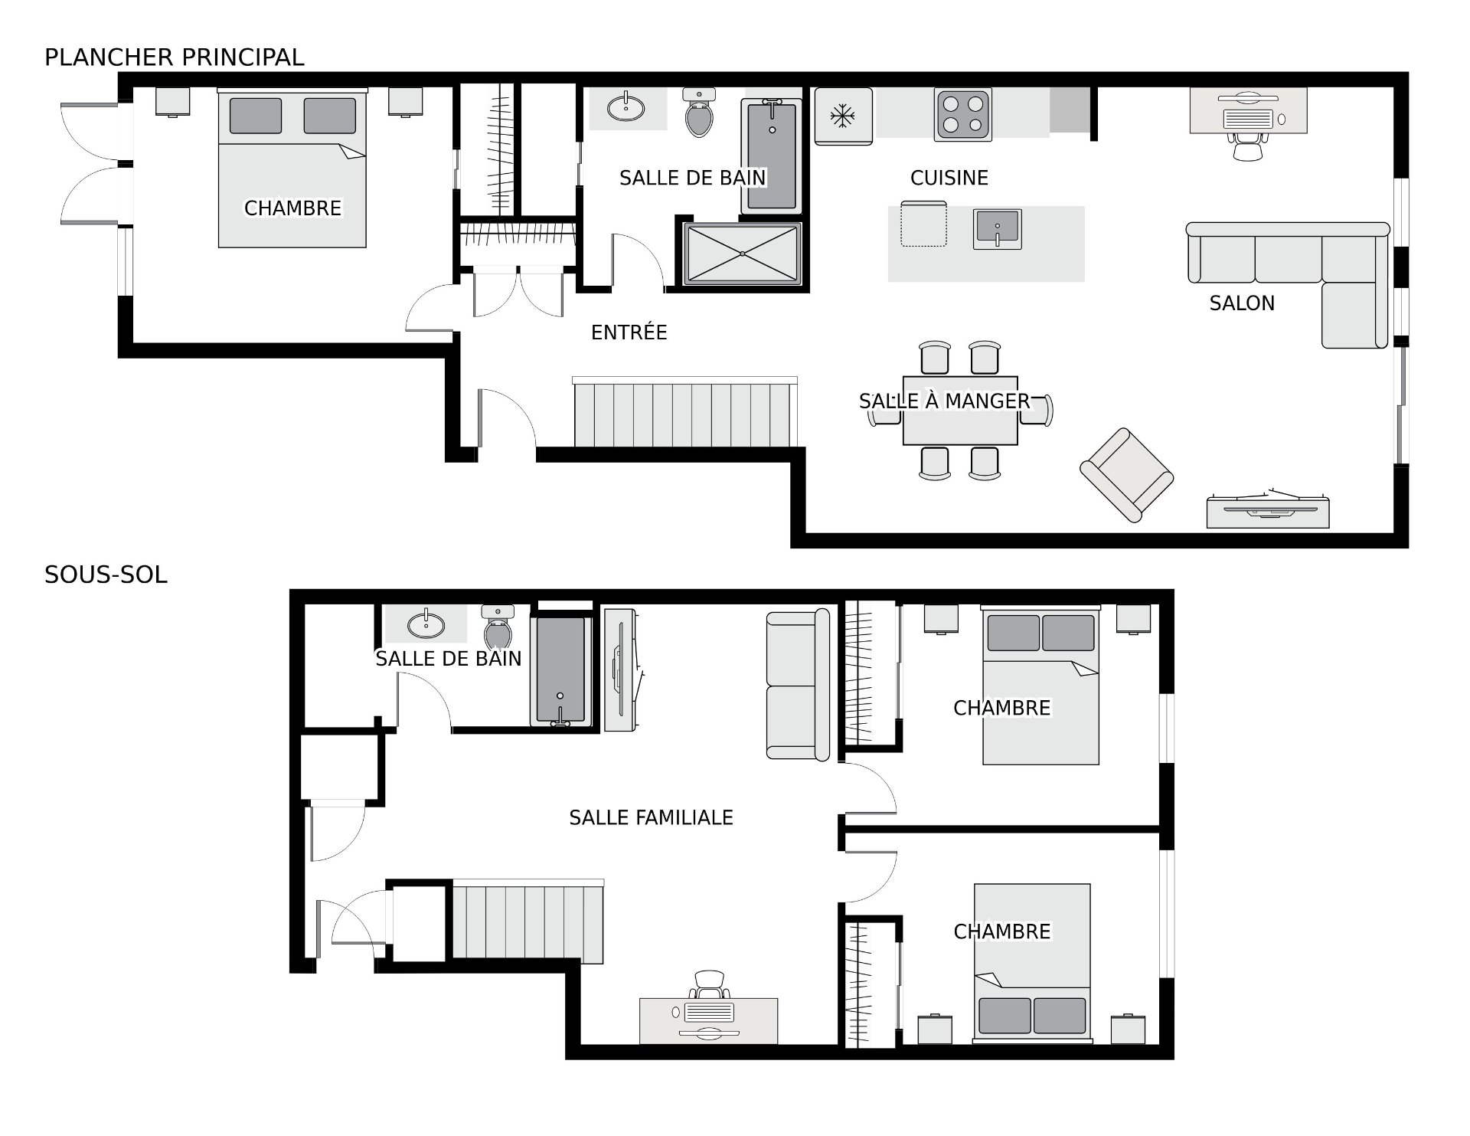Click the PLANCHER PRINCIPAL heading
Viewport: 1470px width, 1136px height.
point(175,57)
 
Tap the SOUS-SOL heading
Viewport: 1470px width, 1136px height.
point(106,575)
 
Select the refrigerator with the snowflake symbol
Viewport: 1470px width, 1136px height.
point(843,116)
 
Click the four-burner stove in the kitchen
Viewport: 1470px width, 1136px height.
point(963,115)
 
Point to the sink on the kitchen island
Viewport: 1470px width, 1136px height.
point(998,229)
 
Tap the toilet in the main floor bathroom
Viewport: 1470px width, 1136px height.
point(699,112)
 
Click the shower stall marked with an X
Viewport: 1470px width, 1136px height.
point(743,254)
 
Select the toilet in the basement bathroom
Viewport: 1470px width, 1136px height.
point(498,627)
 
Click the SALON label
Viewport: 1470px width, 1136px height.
point(1242,303)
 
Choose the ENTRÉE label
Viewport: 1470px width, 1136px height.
point(629,332)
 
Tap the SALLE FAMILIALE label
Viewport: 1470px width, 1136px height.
point(651,818)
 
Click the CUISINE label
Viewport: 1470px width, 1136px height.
point(949,178)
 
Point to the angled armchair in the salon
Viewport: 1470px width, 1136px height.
point(1127,475)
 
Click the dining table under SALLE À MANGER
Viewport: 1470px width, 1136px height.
point(960,411)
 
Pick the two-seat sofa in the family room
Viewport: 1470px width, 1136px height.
point(798,685)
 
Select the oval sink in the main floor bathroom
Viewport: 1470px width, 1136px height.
point(626,108)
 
